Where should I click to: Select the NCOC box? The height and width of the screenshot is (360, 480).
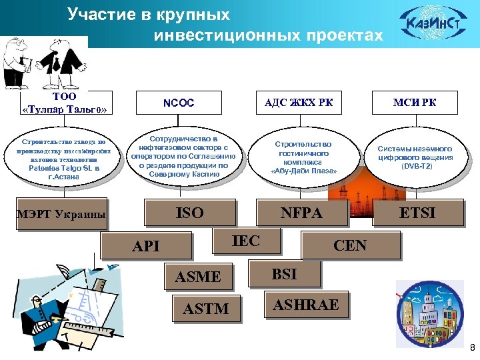tap(183, 103)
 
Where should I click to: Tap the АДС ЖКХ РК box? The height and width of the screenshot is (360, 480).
tap(298, 103)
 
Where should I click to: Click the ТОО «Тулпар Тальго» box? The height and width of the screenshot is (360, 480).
tap(65, 103)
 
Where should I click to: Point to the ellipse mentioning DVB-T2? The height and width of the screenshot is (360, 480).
tap(415, 157)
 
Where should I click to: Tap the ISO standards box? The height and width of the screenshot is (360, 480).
tap(189, 213)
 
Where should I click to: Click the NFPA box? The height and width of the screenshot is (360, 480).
tap(301, 213)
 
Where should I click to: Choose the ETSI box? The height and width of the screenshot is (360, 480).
tap(417, 213)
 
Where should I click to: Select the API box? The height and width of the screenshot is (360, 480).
tap(146, 245)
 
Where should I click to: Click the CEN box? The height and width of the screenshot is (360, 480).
tap(349, 245)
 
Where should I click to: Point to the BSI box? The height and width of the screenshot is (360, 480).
tap(284, 273)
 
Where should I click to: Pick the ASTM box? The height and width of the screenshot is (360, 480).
tap(206, 309)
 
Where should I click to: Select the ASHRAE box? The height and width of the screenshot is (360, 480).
tap(306, 305)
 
